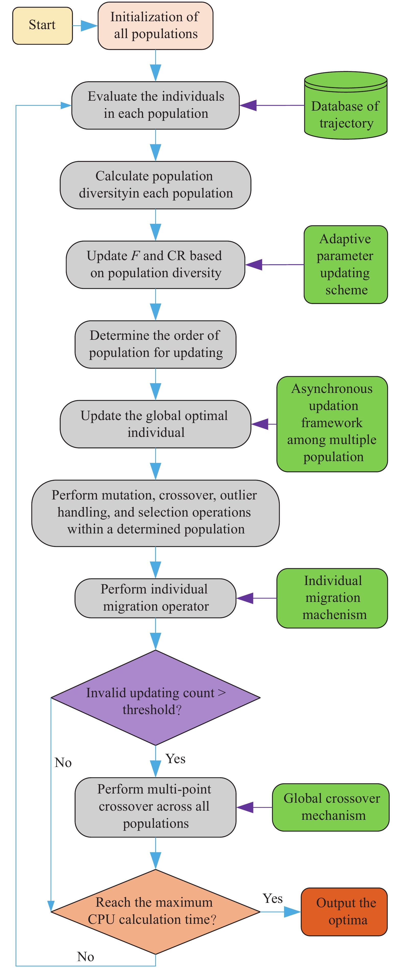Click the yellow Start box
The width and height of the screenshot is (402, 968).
42,26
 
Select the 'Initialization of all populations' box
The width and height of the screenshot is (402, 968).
155,26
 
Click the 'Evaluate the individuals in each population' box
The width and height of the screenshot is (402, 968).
155,105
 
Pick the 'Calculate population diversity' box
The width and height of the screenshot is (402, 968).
155,185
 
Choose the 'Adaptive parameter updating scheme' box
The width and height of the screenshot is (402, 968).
345,265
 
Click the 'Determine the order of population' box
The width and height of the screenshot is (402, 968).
155,344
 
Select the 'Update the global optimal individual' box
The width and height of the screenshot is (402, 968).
155,424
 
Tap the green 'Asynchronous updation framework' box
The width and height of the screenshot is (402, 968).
332,424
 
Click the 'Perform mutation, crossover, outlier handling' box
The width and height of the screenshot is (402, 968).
155,513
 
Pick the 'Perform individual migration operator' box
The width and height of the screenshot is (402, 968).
155,598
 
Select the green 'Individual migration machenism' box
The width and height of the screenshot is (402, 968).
332,598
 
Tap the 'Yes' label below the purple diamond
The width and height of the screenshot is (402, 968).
176,759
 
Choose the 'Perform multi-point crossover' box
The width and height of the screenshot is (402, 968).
155,807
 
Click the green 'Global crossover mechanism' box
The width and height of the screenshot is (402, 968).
331,807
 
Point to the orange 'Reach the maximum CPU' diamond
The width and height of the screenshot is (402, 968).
155,911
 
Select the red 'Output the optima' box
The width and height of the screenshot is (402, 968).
344,912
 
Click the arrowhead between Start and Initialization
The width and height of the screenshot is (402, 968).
89,26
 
